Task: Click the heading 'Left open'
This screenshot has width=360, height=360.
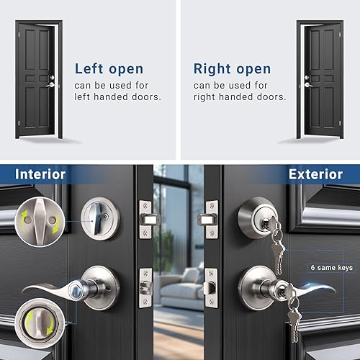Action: (109, 70)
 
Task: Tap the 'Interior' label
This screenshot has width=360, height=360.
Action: (40, 174)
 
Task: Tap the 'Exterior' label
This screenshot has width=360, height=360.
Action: (315, 174)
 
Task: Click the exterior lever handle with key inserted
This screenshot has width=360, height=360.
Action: (288, 288)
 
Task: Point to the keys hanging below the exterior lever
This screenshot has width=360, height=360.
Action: (291, 317)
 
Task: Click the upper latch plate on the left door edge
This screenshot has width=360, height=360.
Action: (147, 215)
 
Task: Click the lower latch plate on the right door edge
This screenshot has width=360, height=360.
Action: (210, 287)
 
